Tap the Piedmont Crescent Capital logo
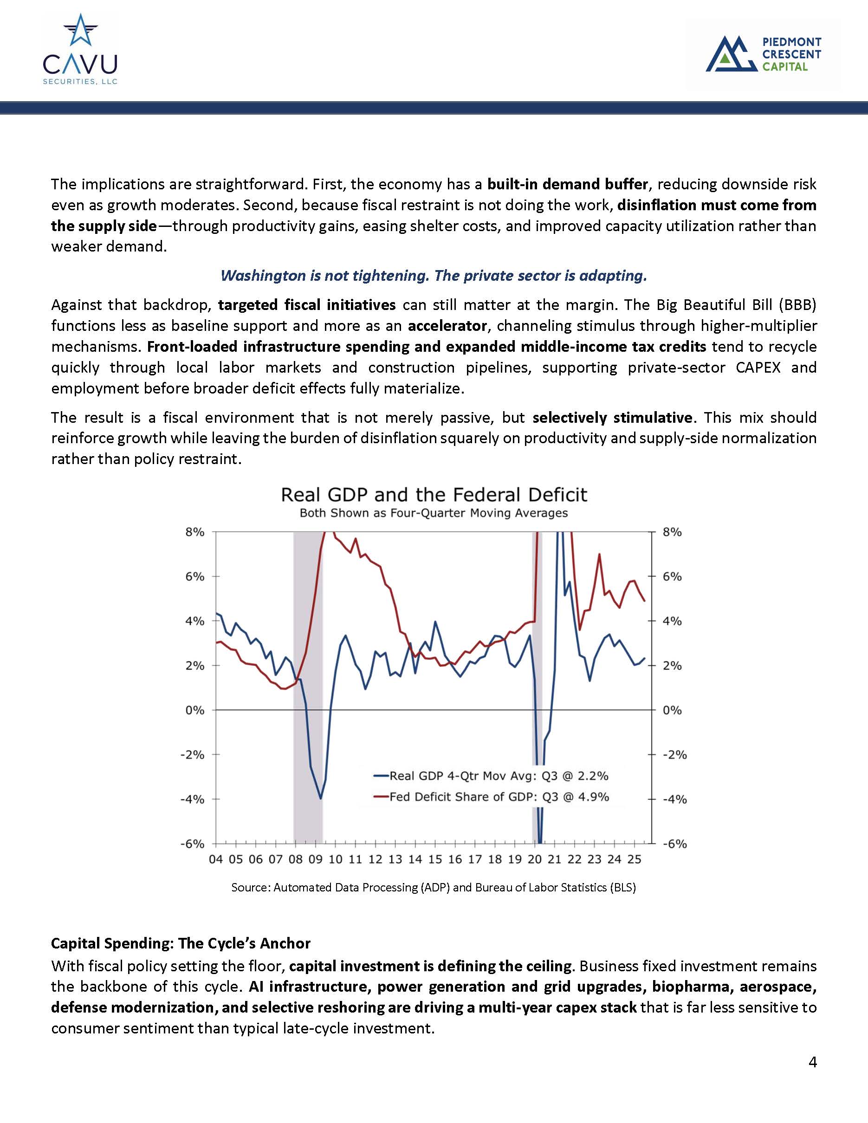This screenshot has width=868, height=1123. (763, 54)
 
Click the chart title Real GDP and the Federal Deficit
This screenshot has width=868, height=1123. (434, 495)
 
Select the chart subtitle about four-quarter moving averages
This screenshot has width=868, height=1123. (434, 513)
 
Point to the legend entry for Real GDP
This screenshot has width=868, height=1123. (491, 775)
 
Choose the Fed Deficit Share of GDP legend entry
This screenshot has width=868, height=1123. (491, 796)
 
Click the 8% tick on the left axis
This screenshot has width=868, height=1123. (195, 532)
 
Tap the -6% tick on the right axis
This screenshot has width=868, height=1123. (674, 844)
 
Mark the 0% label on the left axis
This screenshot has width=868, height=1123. (195, 710)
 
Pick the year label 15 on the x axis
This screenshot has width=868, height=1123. (435, 859)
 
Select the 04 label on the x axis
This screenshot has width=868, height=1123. (216, 859)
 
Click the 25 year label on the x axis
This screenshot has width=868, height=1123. (635, 859)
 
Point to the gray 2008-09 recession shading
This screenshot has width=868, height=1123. (307, 668)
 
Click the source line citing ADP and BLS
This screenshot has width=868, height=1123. (434, 888)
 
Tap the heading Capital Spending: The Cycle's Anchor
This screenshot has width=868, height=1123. (181, 943)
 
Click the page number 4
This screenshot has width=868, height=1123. (812, 1062)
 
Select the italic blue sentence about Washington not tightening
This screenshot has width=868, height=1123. (434, 276)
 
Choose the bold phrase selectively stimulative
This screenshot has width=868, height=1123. (612, 418)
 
